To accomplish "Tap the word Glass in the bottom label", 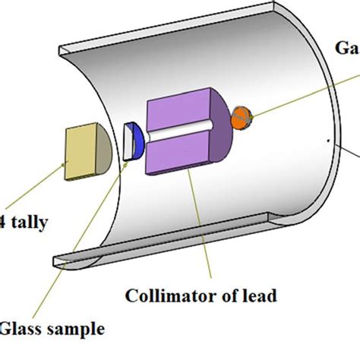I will pyautogui.click(x=24, y=330).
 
